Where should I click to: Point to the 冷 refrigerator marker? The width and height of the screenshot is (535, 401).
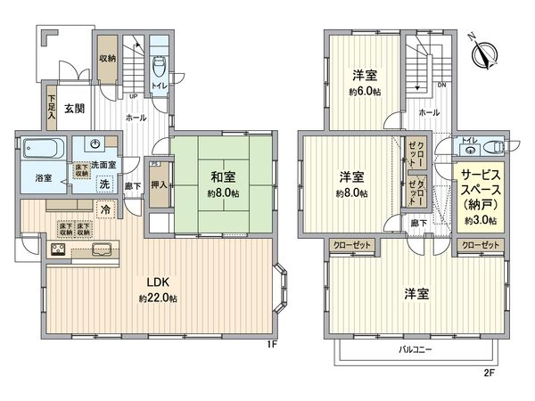[x=105, y=209]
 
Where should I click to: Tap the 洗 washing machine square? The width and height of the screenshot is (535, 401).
[x=104, y=184]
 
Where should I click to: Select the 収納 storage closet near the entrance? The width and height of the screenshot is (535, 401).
[x=107, y=60]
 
